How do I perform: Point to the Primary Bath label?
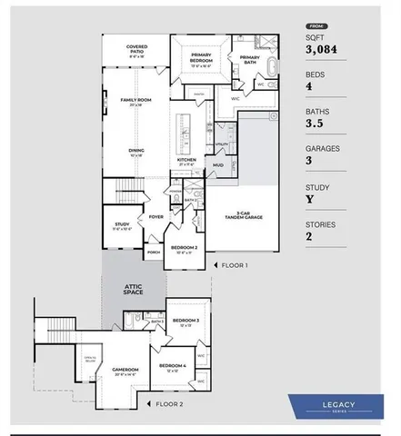pos(250,59)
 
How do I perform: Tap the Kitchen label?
pos(185,161)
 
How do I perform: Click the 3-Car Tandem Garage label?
pos(243,215)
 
